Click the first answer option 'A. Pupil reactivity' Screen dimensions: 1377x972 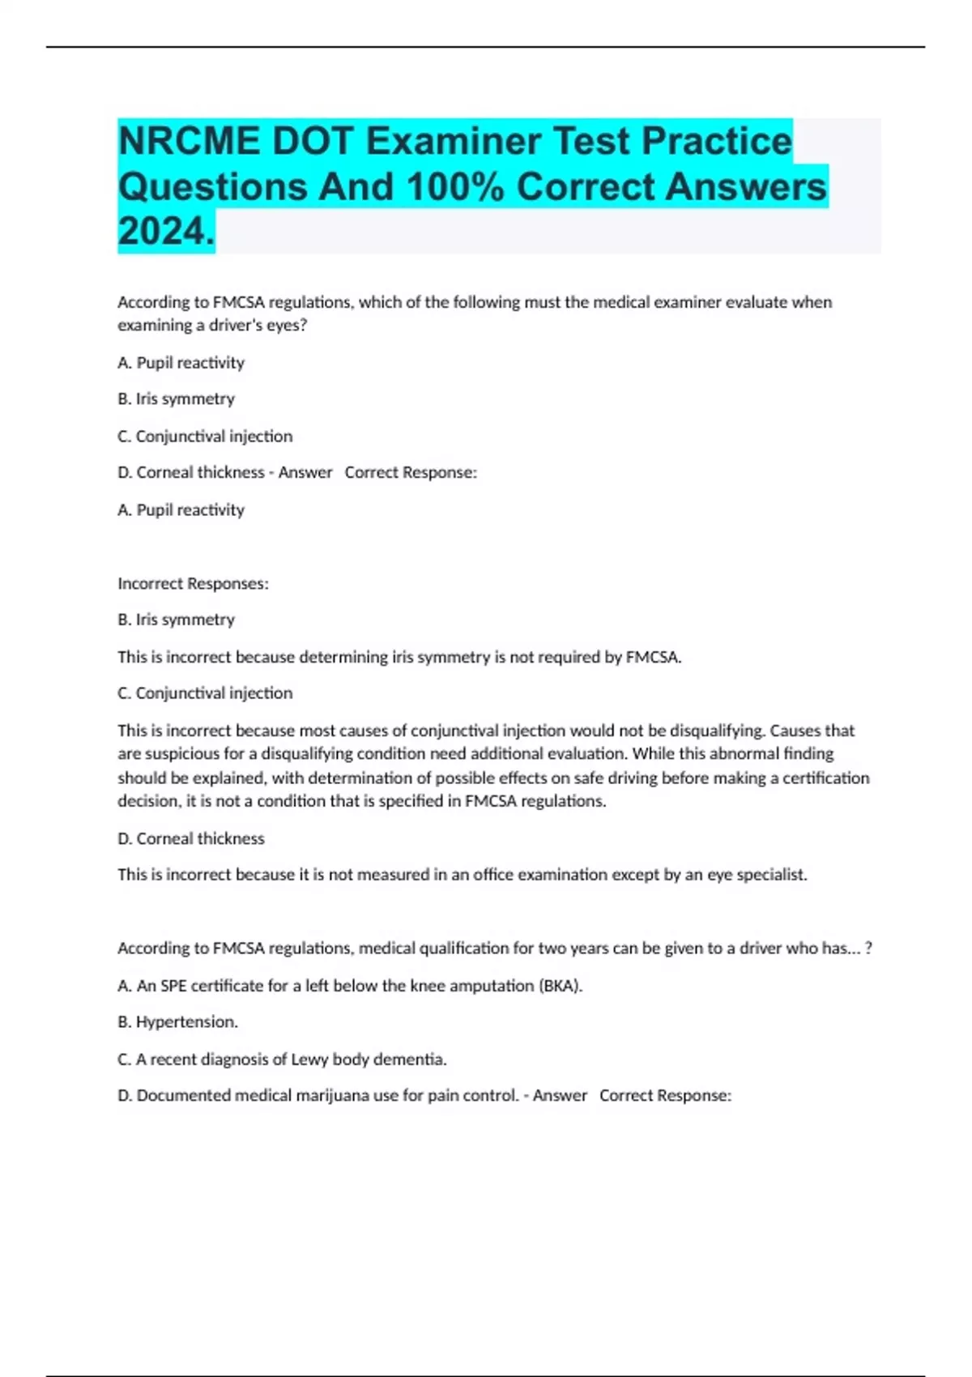click(181, 363)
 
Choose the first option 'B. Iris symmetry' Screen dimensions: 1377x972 click(176, 399)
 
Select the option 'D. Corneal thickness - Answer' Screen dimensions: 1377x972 click(224, 473)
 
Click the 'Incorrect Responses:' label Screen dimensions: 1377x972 click(193, 584)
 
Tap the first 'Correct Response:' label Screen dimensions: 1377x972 click(411, 473)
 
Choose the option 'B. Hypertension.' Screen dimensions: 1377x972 click(177, 1022)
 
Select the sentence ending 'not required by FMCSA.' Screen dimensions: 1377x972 click(399, 657)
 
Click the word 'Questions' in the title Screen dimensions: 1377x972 click(213, 187)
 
